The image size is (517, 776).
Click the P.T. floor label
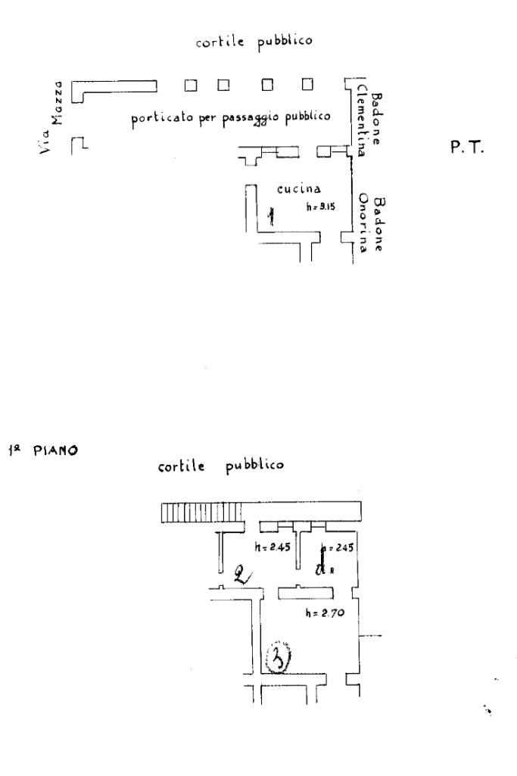(x=466, y=148)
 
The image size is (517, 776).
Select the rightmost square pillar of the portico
(x=307, y=84)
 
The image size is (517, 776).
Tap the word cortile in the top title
(x=217, y=42)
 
